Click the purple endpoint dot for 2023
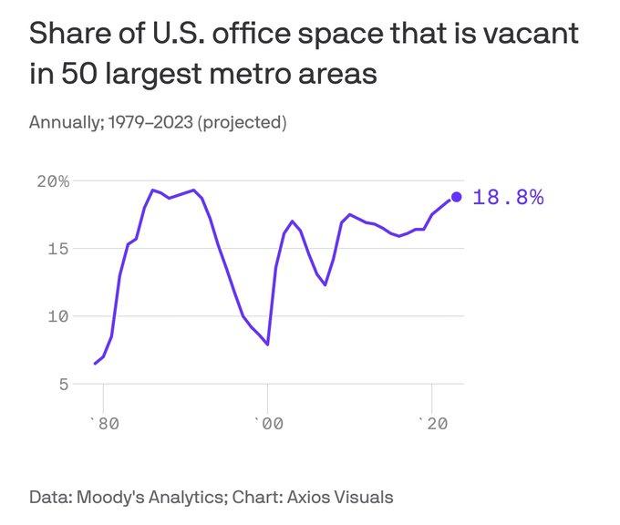tap(456, 197)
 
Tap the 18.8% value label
tap(509, 197)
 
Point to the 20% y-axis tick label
tap(53, 180)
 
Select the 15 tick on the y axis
tap(58, 248)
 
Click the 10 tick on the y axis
tap(58, 316)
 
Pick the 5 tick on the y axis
tap(63, 384)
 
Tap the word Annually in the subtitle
tap(65, 122)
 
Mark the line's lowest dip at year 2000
tap(267, 345)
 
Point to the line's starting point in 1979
tap(95, 364)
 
